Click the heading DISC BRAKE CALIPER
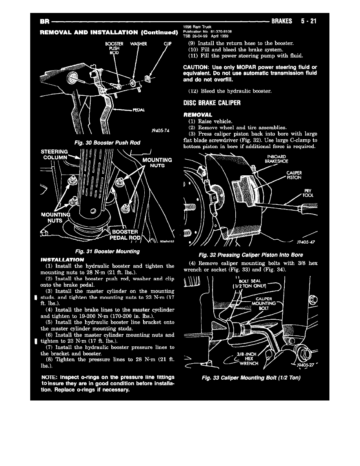coord(212,104)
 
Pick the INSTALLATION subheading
coord(62,260)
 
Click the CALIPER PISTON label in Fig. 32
coord(294,175)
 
